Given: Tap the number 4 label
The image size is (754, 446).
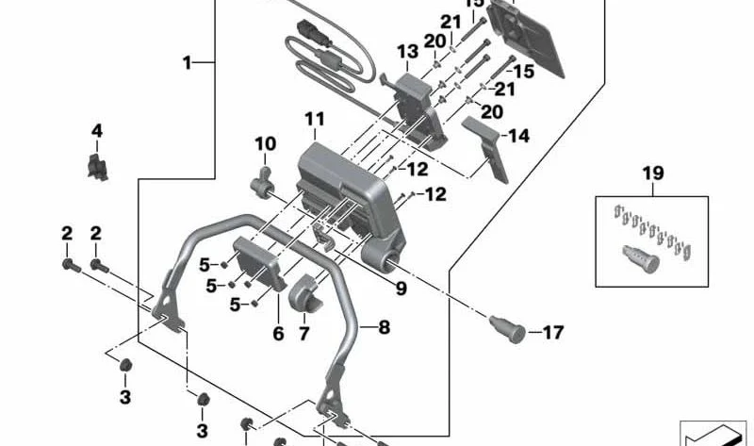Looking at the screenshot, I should click(x=97, y=130).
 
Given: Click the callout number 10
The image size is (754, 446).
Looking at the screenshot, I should click(x=265, y=144).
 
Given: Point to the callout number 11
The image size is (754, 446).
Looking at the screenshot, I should click(x=314, y=119).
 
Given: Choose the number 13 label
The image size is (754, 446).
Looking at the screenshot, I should click(x=406, y=51).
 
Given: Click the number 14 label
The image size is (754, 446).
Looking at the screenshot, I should click(x=518, y=136).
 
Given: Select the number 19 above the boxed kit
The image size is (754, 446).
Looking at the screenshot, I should click(x=653, y=173).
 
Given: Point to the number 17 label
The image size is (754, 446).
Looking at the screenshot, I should click(x=552, y=332).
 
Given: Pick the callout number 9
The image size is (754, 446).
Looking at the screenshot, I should click(x=401, y=289).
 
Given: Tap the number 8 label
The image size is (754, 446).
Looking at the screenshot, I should click(x=384, y=328).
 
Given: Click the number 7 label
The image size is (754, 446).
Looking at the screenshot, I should click(x=303, y=335).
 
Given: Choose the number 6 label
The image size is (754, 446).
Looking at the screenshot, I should click(x=278, y=333).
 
